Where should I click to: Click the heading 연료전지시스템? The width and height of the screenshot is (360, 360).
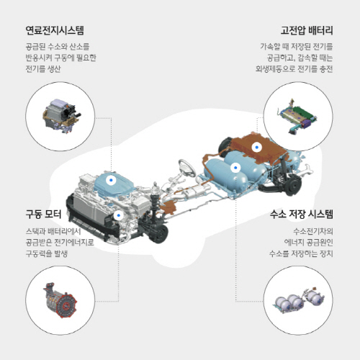(55, 30)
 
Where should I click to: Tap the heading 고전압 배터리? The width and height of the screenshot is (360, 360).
(307, 30)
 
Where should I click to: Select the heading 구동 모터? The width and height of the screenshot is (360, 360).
(43, 214)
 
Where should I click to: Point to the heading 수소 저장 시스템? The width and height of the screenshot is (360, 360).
(302, 214)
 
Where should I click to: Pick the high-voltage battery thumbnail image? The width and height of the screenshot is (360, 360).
(297, 116)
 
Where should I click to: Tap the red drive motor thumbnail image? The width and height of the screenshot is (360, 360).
(60, 300)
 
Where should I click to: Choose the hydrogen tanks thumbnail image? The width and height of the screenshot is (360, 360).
(299, 300)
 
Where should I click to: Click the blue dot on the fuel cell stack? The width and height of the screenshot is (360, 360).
(111, 180)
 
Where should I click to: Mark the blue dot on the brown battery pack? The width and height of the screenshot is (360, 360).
(257, 147)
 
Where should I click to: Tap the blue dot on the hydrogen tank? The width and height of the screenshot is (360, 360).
(235, 168)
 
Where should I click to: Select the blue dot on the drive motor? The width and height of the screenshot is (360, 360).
(118, 215)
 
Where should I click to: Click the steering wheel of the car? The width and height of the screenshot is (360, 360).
(187, 167)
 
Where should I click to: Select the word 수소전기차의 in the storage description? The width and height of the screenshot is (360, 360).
(313, 231)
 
